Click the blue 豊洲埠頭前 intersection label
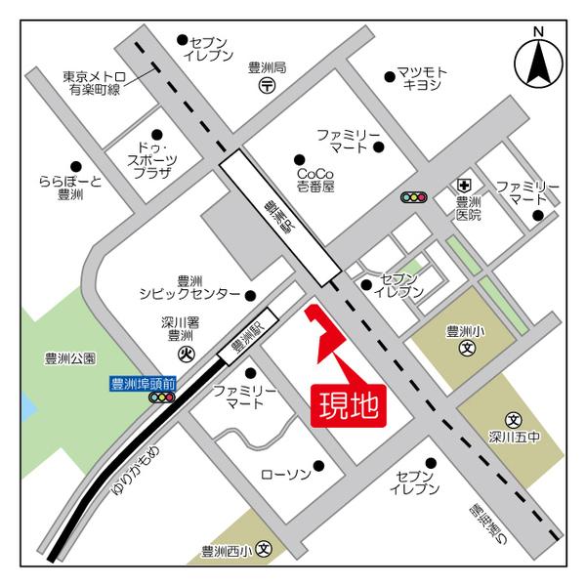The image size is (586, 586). tap(143, 384)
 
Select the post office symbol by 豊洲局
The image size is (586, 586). tap(268, 87)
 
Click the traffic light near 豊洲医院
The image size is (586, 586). tap(414, 197)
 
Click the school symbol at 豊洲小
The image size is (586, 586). tap(467, 346)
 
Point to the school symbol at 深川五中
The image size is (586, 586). tap(513, 418)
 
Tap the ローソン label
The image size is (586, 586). tap(285, 474)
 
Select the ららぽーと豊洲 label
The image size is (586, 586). tap(70, 188)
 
